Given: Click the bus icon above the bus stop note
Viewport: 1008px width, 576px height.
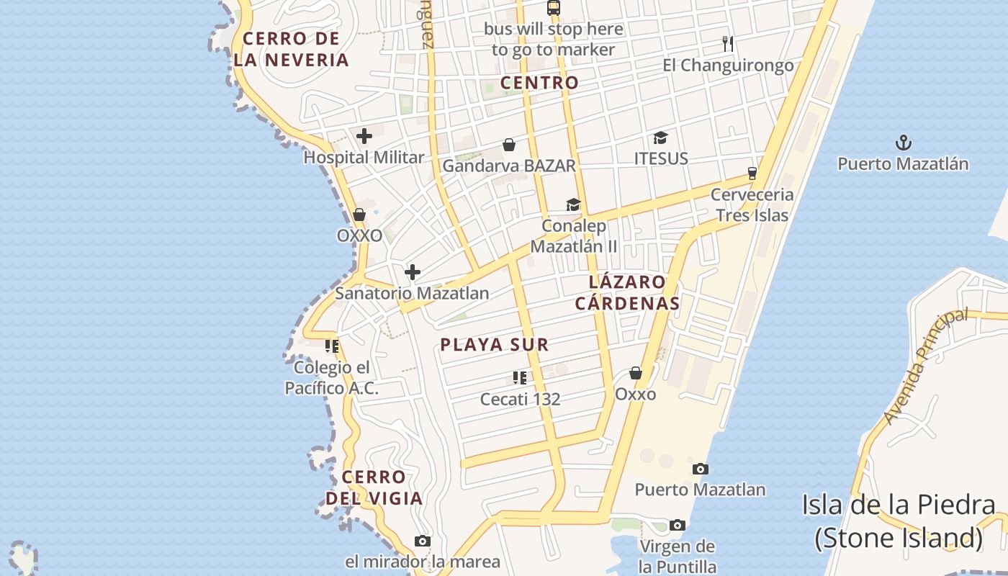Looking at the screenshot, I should [x=553, y=8].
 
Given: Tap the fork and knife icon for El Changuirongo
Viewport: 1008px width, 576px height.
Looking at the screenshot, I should [x=728, y=45].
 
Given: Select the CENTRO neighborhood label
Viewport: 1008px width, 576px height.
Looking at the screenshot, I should [x=539, y=83].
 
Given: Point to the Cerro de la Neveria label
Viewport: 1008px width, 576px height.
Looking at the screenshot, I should [x=292, y=50].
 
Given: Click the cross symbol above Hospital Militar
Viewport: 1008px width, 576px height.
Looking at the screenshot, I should [x=364, y=135].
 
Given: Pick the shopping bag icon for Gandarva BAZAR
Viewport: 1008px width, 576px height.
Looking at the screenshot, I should [x=509, y=145].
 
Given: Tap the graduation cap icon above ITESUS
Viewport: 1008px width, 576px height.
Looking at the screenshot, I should [x=660, y=138].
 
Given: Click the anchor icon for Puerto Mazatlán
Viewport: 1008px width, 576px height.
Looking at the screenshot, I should [x=903, y=143].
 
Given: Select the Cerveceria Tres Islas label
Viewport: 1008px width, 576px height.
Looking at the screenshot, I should [x=752, y=204].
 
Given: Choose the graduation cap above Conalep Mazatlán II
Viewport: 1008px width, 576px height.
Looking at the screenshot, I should [x=573, y=205].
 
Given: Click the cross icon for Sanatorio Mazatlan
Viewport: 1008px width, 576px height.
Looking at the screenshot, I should [x=413, y=272].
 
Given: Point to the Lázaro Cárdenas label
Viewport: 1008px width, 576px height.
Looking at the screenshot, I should [x=627, y=292].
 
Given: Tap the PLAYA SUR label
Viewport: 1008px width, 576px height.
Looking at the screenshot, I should [x=495, y=345].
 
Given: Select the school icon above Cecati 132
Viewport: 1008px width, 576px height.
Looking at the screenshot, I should [x=520, y=377].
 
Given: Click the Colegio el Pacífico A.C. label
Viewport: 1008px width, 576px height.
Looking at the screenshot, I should [x=332, y=378].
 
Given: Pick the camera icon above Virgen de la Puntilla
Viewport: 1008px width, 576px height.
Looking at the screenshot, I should [x=677, y=526].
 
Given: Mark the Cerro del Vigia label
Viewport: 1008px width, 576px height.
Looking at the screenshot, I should [x=374, y=487].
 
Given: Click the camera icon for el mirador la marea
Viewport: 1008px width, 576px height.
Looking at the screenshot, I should [x=423, y=541].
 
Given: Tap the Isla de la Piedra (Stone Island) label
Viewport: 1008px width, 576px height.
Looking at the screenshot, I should [x=899, y=521].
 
